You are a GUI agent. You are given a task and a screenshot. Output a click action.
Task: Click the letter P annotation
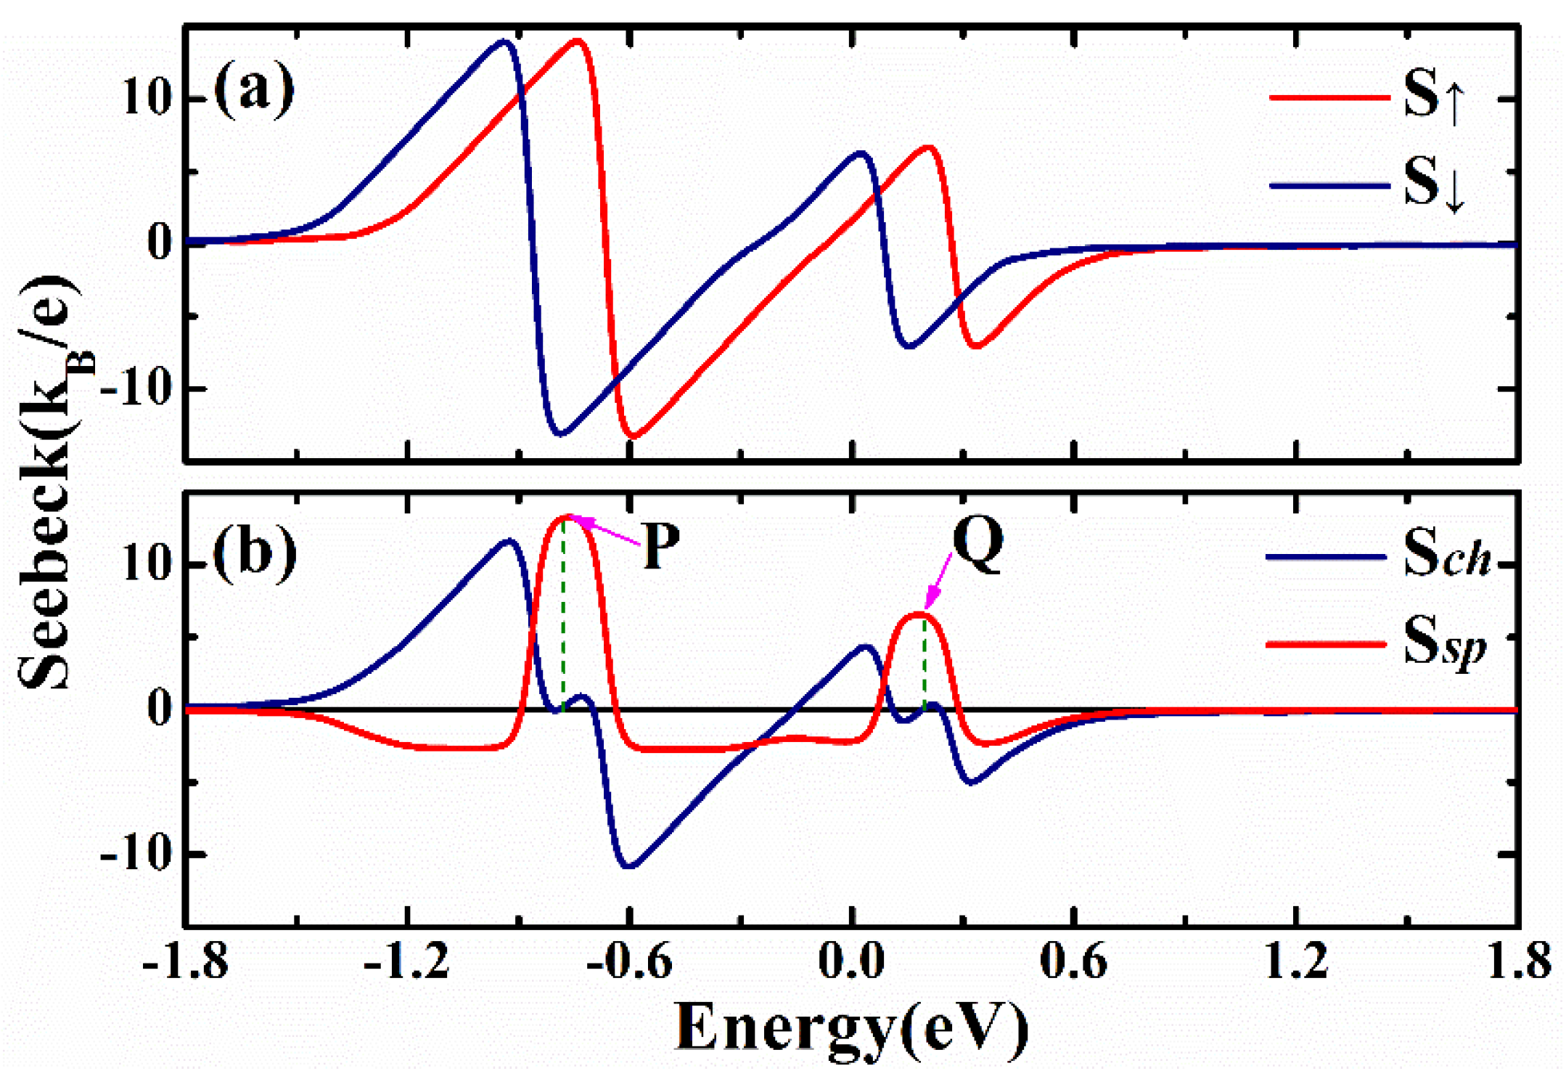tap(661, 545)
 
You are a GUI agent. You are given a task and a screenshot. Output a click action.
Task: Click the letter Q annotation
tap(977, 545)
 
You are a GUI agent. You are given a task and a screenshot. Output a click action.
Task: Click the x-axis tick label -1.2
tap(407, 962)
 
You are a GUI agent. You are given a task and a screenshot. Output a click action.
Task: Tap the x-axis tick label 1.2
tap(1296, 962)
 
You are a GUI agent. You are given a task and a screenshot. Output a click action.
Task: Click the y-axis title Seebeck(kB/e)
tap(51, 483)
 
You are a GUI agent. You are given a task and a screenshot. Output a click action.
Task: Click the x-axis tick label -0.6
tap(629, 962)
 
